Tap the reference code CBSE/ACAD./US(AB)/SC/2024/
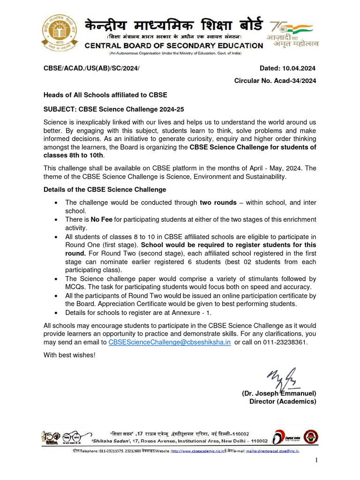coord(91,69)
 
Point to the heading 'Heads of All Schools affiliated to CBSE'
coord(105,95)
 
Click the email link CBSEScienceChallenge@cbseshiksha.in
coord(170,342)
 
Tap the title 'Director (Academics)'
coord(283,401)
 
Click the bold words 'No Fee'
coord(98,219)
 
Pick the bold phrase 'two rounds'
coord(218,202)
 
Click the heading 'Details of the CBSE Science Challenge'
coord(105,189)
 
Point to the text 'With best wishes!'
coord(69,355)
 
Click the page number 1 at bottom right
coord(316,461)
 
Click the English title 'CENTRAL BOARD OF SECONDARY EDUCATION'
coord(174,45)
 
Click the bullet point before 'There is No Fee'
coord(56,219)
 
